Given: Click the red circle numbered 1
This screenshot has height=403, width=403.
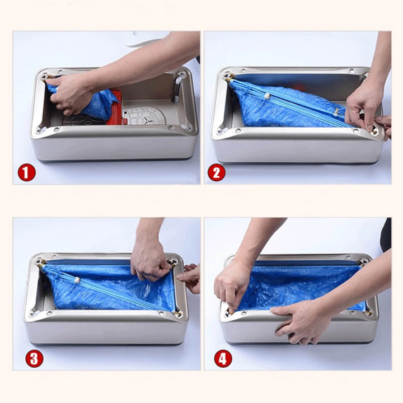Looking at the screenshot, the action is (26, 173).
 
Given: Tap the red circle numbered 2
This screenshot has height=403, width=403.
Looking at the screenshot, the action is (217, 173).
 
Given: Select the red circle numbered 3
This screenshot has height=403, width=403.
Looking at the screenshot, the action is (34, 359).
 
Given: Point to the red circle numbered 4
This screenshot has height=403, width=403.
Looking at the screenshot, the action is (223, 359).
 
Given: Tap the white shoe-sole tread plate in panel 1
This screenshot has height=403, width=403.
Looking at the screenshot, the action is (144, 116).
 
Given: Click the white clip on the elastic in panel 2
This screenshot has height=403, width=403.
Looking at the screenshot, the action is (268, 96).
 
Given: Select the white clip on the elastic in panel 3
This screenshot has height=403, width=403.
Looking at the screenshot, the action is (77, 280).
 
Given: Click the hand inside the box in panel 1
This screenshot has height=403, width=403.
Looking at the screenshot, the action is (69, 94).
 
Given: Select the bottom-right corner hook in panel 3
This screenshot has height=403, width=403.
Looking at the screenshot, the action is (177, 313).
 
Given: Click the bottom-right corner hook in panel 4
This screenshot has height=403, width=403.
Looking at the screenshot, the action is (369, 312).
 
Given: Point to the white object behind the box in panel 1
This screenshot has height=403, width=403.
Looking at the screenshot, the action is (147, 39).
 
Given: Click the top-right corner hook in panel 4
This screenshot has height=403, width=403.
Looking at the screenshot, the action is (363, 262).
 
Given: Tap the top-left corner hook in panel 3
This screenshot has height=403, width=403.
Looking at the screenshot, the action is (41, 263).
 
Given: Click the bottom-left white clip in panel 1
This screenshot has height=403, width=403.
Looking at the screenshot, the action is (42, 129).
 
